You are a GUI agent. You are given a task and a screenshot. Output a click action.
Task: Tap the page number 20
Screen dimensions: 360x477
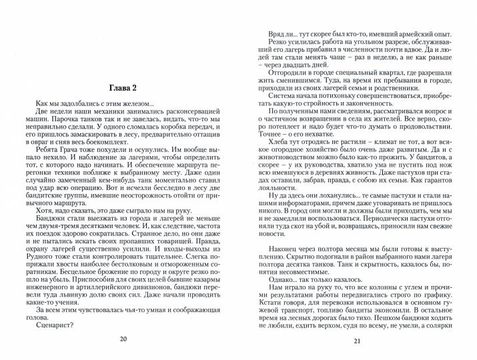(122, 339)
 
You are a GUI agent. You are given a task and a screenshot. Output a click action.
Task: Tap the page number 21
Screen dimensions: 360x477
(356, 342)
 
